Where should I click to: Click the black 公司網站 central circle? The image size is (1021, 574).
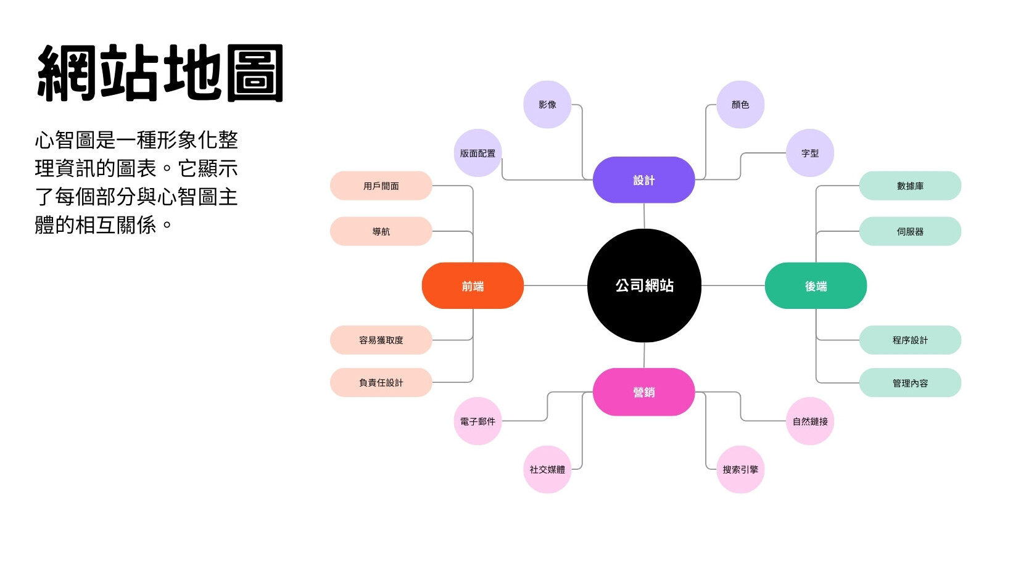[x=644, y=285]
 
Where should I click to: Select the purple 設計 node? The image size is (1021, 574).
[x=643, y=180]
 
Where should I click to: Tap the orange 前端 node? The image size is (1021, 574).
[x=473, y=285]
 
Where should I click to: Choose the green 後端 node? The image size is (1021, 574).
[x=816, y=285]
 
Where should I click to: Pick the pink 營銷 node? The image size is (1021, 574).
[x=643, y=392]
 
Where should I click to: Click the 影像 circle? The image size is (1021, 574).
[x=547, y=104]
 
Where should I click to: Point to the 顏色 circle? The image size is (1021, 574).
[x=740, y=104]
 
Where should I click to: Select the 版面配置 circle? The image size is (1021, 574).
[x=477, y=153]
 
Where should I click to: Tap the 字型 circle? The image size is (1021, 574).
[x=810, y=153]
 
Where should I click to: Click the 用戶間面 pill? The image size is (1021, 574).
[x=381, y=186]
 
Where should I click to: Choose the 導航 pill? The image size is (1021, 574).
[x=381, y=231]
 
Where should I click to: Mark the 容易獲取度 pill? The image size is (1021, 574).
[x=381, y=340]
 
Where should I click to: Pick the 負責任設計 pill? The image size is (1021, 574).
[x=381, y=383]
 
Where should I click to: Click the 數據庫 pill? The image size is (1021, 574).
[x=910, y=186]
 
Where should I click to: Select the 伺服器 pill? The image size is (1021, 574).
[x=910, y=231]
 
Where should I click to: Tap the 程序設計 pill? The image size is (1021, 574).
[x=910, y=340]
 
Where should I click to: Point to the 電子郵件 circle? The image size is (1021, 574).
[x=477, y=421]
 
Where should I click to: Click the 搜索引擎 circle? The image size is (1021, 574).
[x=740, y=469]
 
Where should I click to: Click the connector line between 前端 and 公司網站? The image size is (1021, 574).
[x=556, y=285]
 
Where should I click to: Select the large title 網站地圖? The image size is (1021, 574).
[x=160, y=73]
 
